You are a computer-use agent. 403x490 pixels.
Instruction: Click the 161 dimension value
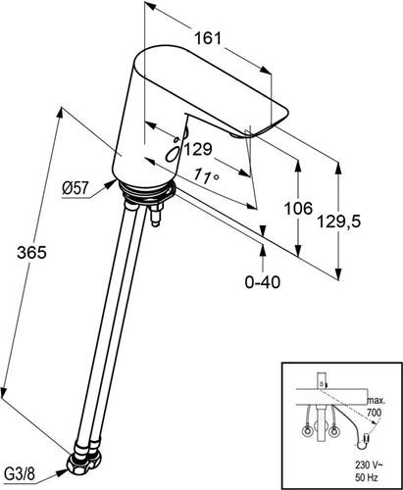click(x=208, y=38)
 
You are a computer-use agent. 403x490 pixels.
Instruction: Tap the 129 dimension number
click(x=198, y=150)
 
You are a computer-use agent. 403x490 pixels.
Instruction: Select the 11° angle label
click(x=206, y=175)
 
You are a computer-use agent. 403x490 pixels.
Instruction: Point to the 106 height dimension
click(x=298, y=209)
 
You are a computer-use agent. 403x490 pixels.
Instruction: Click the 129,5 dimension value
click(x=339, y=222)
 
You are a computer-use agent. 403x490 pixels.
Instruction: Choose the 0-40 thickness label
click(x=263, y=281)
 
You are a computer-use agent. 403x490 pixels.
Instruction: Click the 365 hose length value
click(x=32, y=253)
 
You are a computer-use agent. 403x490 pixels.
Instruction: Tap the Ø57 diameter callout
click(x=76, y=188)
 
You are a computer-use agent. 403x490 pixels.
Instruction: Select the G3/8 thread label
click(x=20, y=474)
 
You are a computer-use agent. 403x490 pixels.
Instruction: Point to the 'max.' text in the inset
click(x=377, y=400)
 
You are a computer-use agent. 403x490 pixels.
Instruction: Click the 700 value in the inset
click(x=374, y=413)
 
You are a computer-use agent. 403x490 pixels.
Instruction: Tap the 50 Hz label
click(x=367, y=478)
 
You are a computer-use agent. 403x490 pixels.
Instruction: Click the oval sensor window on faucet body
click(x=173, y=153)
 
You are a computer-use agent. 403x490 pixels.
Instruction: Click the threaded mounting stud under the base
click(x=155, y=215)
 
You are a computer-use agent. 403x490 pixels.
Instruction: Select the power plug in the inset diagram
click(x=363, y=442)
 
